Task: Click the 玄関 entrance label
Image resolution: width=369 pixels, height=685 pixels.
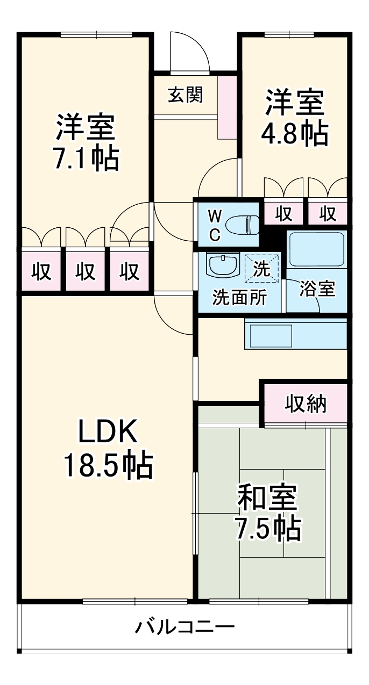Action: pos(185,95)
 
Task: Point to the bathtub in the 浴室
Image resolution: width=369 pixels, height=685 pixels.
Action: pos(316,250)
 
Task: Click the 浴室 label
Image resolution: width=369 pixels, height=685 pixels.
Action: pos(317,289)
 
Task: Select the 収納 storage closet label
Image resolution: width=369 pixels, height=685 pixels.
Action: pos(305,403)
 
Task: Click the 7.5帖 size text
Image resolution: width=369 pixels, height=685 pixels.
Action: pos(267,529)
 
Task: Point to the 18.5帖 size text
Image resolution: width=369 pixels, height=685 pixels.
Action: pos(109,466)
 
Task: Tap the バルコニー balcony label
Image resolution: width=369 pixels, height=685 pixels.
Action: pos(184,627)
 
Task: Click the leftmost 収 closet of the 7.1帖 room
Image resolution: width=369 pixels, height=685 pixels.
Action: pos(41,271)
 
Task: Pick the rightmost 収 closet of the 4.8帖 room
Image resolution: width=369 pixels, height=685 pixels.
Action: pos(328,213)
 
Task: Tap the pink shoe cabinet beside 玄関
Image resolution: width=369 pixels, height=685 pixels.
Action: pos(228,107)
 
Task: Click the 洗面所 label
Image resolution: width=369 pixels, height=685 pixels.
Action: pos(238,298)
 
